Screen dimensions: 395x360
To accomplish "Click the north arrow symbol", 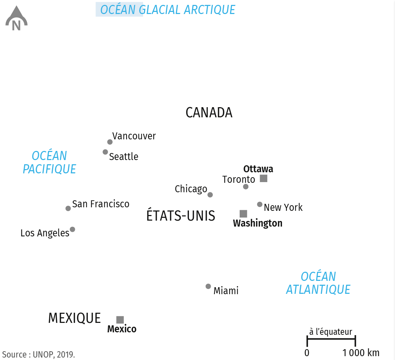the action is [16, 18].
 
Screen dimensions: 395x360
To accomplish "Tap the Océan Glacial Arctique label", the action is [168, 10].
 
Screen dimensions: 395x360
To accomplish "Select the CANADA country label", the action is [209, 113].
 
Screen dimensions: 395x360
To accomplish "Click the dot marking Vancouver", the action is [110, 142].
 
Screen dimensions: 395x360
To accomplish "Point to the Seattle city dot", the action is [105, 152].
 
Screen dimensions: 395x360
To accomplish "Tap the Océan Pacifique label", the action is [49, 162].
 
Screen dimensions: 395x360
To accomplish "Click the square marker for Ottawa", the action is [263, 179].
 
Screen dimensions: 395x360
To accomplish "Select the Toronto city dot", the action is [246, 187].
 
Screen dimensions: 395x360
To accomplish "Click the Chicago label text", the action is [191, 189].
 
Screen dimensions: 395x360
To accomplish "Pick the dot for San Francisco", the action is [68, 208].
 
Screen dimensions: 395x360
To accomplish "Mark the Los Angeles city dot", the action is [72, 229].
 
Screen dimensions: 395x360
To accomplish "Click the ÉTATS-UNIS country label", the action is [181, 216].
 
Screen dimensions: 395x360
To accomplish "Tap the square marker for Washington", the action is [244, 214].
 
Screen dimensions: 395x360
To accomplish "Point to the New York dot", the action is [260, 204].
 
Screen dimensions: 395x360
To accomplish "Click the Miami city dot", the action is [208, 286].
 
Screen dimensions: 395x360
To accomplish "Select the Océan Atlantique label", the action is [318, 283].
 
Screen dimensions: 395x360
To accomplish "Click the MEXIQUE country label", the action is [74, 318].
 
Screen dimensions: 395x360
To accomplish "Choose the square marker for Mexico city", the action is [120, 320].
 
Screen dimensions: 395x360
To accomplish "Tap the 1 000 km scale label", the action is [361, 353].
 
